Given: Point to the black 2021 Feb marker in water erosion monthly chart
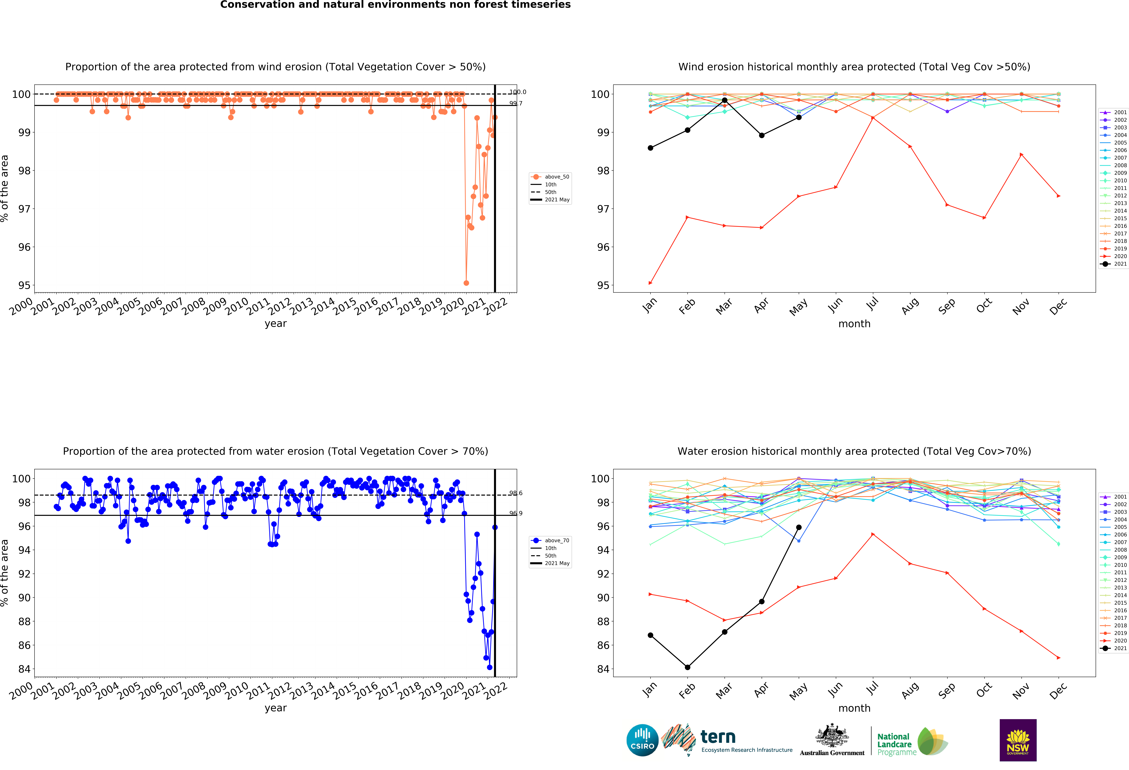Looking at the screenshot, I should (687, 667).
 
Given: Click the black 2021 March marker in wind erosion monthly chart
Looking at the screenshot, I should (724, 100).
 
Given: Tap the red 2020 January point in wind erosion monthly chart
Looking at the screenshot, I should (650, 283).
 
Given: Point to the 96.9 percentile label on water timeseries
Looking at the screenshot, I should (515, 513).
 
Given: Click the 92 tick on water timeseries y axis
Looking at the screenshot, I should (24, 574).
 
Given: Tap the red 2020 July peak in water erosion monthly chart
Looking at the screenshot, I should (873, 534).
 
